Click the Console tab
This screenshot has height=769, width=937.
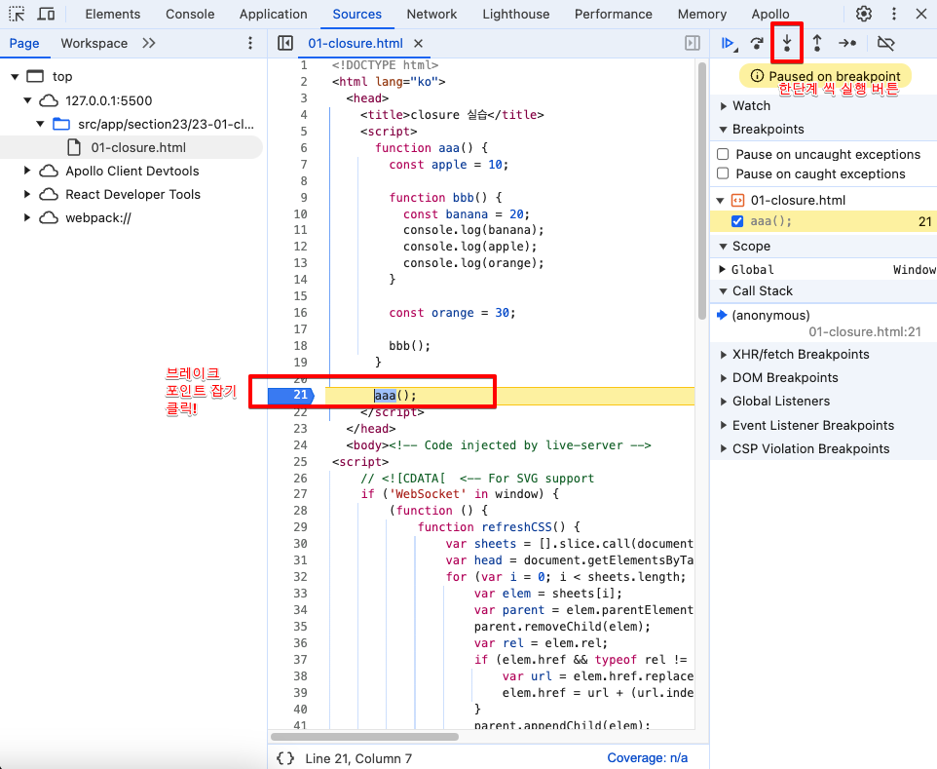tap(190, 14)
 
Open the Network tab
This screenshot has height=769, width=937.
tap(431, 14)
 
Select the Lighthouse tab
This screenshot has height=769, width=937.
tap(515, 14)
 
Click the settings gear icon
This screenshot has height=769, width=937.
tap(864, 14)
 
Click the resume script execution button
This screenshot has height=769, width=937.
tap(729, 43)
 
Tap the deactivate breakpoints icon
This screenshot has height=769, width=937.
tap(885, 43)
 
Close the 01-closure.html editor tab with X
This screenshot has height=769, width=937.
tap(418, 43)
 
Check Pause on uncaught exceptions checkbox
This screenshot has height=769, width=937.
tap(723, 154)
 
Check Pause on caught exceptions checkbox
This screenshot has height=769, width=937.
tap(723, 173)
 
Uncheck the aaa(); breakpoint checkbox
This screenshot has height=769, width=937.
tap(737, 221)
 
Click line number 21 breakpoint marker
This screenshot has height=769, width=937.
tap(291, 395)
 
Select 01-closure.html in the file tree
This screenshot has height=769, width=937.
tap(138, 147)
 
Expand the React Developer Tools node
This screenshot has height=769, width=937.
tap(27, 194)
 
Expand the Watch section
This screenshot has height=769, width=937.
tap(723, 106)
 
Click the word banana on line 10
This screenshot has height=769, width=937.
tap(467, 214)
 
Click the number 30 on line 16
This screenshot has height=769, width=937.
tap(502, 313)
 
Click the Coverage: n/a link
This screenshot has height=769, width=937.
tap(647, 757)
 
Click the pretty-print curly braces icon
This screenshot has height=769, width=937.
tap(285, 758)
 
